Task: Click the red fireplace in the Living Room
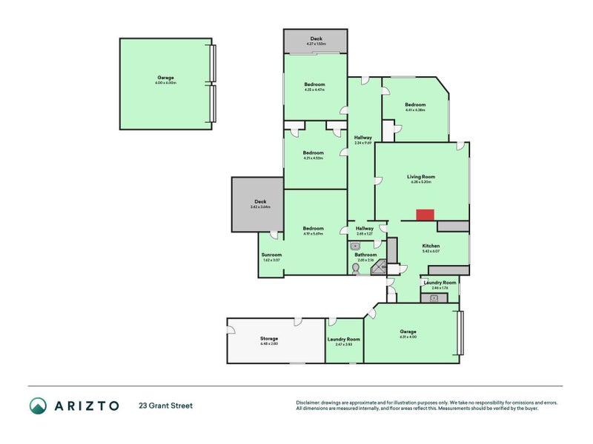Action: [x=425, y=215]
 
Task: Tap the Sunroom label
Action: [x=271, y=255]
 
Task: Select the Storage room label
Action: [x=268, y=339]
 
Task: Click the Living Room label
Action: [x=420, y=177]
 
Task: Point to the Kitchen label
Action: [x=431, y=246]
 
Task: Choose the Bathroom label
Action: [x=365, y=255]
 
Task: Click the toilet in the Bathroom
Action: [x=357, y=271]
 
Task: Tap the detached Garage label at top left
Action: [x=165, y=78]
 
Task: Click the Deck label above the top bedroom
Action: [x=316, y=38]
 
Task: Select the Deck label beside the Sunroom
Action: [x=259, y=201]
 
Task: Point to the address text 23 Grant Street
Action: [x=165, y=406]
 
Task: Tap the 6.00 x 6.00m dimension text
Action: [x=165, y=83]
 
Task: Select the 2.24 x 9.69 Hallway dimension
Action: [x=362, y=143]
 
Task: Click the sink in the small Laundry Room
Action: [x=434, y=297]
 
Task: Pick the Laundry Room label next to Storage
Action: [x=342, y=339]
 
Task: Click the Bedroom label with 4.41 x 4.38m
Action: [x=415, y=105]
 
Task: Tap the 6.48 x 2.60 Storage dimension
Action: [x=268, y=344]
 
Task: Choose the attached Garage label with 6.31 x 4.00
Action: [x=408, y=332]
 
